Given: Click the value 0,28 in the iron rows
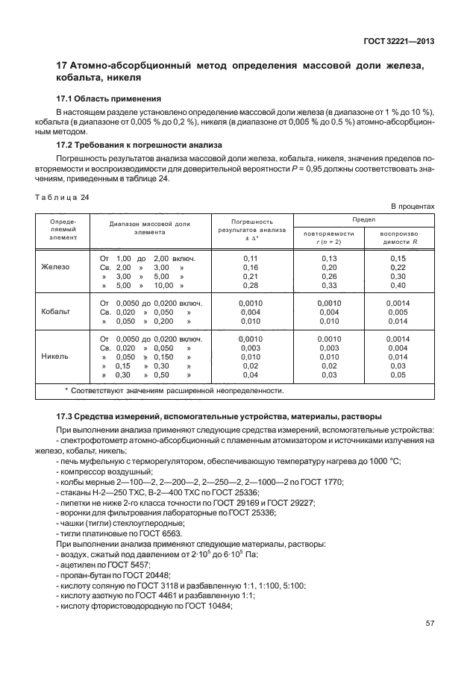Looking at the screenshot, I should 250,285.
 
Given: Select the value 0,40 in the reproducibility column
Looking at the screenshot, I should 398,285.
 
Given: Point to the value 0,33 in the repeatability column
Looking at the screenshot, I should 328,285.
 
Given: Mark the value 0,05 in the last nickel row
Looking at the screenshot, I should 398,375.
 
